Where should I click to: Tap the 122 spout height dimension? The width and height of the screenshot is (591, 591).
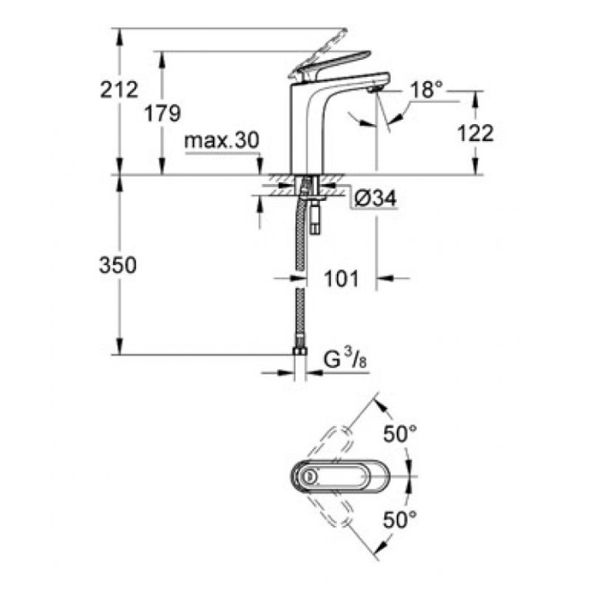click(x=476, y=132)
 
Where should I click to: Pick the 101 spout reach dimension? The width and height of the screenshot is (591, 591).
click(x=342, y=277)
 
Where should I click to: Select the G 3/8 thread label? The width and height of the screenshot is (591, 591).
click(x=344, y=362)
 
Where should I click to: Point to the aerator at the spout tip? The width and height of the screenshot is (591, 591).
click(x=374, y=88)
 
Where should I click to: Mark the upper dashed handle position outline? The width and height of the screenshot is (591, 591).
click(x=342, y=442)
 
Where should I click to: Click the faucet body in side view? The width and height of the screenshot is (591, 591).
click(x=317, y=127)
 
